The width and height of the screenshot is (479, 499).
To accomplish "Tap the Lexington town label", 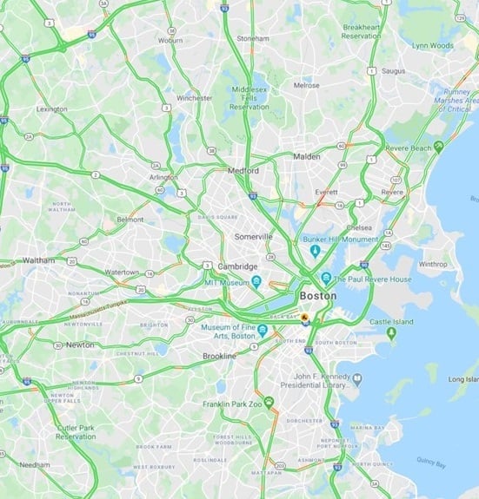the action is [52, 109].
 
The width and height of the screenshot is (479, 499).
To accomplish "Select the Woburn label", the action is [170, 40].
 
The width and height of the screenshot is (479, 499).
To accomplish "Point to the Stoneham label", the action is [253, 39].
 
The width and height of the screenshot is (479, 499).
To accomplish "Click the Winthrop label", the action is [432, 264].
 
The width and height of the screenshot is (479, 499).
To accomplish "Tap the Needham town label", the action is [35, 464].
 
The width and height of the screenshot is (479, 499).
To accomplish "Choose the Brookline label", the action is [219, 357].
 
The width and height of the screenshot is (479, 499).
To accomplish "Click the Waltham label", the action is [38, 259].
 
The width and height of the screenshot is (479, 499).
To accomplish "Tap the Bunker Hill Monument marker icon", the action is [315, 251].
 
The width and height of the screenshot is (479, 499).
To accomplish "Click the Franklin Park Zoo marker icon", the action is [269, 402].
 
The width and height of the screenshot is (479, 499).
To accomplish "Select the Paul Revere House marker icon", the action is [325, 279].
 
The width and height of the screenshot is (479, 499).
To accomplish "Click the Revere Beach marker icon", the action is [439, 147].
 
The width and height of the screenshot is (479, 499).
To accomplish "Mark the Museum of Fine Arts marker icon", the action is [261, 327].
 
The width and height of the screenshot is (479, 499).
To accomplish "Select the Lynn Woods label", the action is [432, 45].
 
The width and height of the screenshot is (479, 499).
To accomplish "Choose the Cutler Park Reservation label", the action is [77, 432].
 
